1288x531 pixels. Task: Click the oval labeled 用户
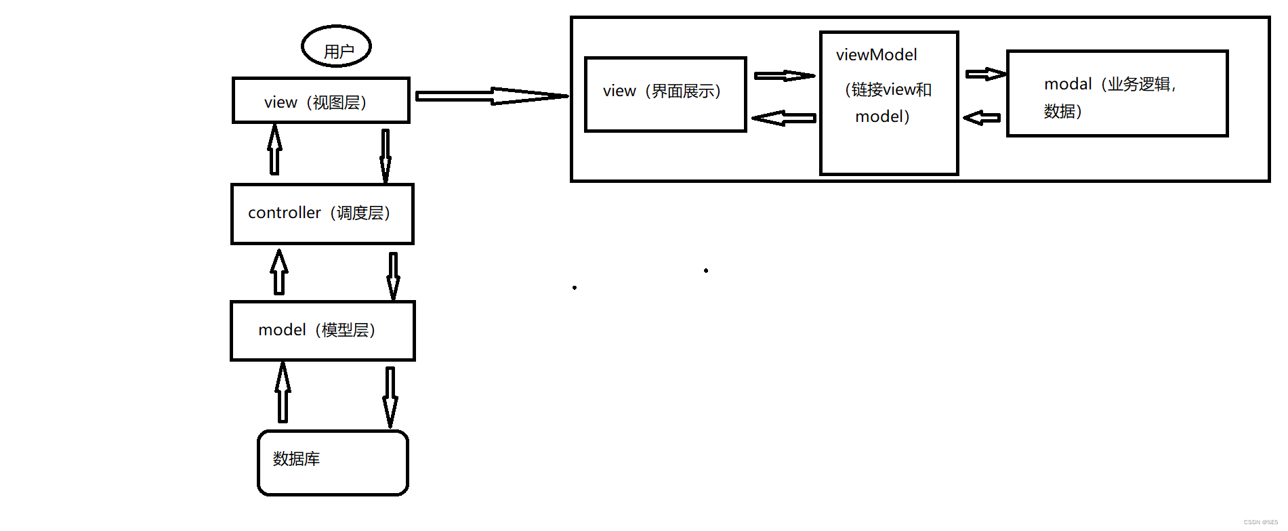click(336, 47)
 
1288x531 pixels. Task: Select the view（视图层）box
click(320, 100)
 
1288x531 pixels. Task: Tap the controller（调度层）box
click(322, 213)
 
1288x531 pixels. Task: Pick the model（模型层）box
click(322, 331)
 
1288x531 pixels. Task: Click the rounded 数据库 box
click(333, 463)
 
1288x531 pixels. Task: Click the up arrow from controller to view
click(274, 150)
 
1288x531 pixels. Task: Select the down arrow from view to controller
click(385, 155)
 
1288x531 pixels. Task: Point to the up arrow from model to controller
click(279, 272)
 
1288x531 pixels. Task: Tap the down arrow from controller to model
click(393, 275)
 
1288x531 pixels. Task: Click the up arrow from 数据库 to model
click(283, 393)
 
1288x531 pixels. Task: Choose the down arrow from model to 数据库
click(390, 396)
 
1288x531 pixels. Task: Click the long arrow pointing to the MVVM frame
click(491, 96)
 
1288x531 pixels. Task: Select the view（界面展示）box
click(665, 94)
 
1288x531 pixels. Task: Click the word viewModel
click(876, 55)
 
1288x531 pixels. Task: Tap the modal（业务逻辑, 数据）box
click(1117, 93)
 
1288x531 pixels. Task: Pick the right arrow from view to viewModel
click(784, 76)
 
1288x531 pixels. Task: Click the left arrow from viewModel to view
click(784, 119)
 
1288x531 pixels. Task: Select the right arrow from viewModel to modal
click(985, 74)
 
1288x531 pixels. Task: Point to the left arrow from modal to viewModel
click(982, 119)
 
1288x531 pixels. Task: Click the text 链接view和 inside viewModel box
click(889, 89)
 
